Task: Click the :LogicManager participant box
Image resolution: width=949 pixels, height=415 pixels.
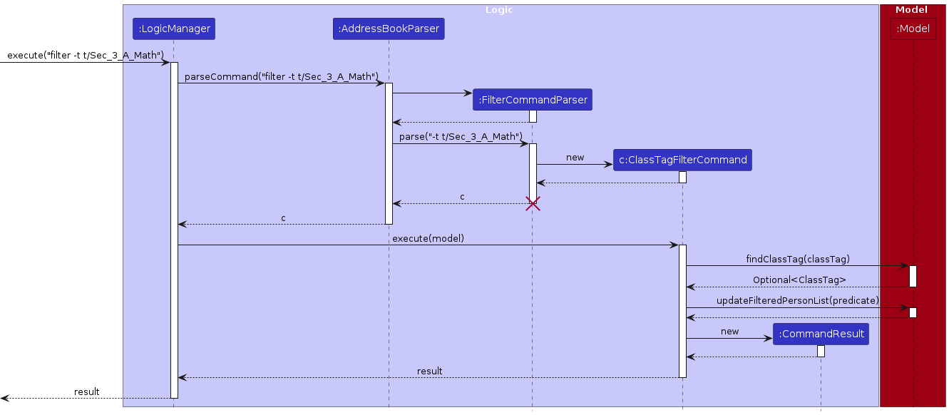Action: [174, 29]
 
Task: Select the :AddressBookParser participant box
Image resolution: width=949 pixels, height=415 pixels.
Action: [389, 29]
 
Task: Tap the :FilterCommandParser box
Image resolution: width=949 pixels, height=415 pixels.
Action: [532, 100]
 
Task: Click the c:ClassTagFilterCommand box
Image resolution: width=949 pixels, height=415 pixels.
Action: [682, 160]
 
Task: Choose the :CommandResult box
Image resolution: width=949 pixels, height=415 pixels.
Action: [821, 334]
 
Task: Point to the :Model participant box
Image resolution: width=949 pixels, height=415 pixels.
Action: [913, 29]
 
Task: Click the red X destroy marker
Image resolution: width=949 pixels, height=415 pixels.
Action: [533, 204]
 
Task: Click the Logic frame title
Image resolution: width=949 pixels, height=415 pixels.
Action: [499, 10]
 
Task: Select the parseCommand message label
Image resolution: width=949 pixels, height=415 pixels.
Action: [281, 76]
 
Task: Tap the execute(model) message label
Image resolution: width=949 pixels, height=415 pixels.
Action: [428, 238]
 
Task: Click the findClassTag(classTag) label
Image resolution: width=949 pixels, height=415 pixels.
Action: [798, 259]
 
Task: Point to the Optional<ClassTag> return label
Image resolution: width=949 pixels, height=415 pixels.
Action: [799, 280]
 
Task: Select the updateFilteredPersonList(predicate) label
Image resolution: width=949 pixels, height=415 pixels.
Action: [798, 300]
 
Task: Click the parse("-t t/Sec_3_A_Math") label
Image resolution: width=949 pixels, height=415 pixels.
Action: [461, 135]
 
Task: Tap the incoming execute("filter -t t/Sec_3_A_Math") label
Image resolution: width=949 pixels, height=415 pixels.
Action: [86, 55]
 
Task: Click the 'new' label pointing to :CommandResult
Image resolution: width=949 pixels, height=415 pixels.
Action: [729, 331]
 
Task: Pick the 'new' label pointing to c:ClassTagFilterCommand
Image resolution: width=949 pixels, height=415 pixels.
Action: [575, 157]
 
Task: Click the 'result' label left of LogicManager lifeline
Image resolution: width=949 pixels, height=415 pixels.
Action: [87, 391]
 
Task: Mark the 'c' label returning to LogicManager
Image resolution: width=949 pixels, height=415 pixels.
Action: [283, 217]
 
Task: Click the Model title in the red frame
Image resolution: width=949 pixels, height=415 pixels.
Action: [911, 10]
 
